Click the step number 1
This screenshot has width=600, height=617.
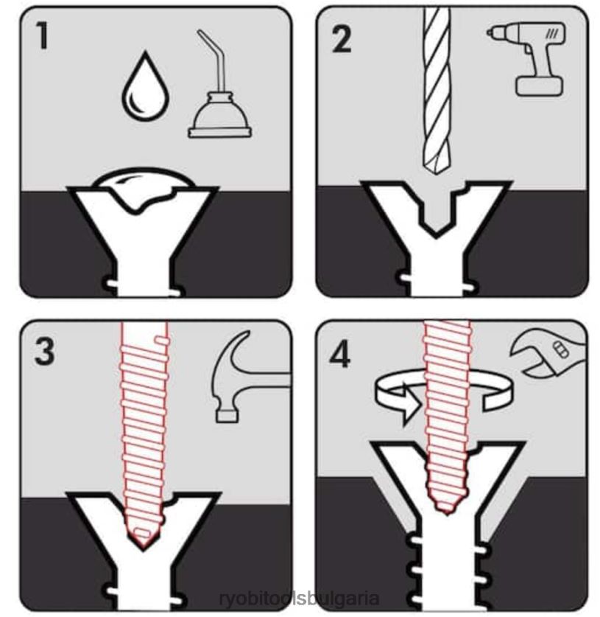click(43, 35)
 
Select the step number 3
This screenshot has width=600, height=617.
click(44, 352)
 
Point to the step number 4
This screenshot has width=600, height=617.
click(340, 355)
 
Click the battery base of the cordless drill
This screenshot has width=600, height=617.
click(540, 86)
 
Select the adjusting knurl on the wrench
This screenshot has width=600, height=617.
click(560, 349)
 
